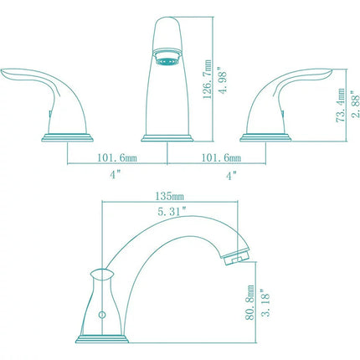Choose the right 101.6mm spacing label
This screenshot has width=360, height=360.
219,157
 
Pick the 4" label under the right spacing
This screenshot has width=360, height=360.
232,175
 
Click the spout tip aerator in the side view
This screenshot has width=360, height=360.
238,255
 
